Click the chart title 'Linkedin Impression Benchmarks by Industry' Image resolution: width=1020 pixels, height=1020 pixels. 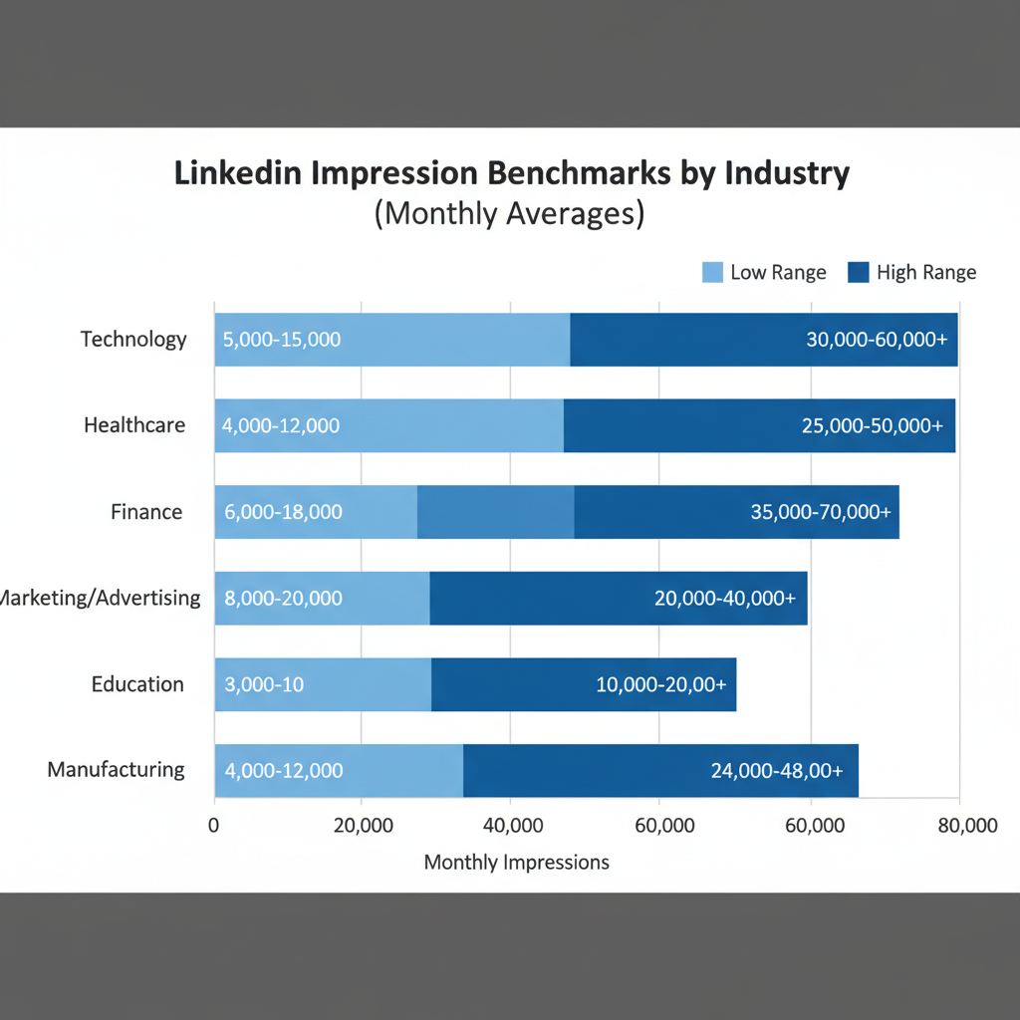pyautogui.click(x=512, y=172)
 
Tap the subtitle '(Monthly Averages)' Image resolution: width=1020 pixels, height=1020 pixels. pyautogui.click(x=509, y=213)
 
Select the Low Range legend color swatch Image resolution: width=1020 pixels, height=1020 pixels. pyautogui.click(x=712, y=272)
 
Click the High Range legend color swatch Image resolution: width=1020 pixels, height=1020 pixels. pyautogui.click(x=859, y=272)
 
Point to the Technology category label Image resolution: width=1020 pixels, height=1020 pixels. pyautogui.click(x=133, y=339)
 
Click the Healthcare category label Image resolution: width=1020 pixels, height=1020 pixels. pyautogui.click(x=134, y=425)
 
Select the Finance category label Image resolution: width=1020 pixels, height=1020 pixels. pyautogui.click(x=146, y=512)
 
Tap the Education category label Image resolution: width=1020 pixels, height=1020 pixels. pyautogui.click(x=137, y=684)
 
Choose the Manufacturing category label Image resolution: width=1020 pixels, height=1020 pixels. pyautogui.click(x=117, y=769)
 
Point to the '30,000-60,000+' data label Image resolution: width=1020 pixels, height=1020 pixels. pyautogui.click(x=876, y=340)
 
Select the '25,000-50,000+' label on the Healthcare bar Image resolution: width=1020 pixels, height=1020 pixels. pyautogui.click(x=872, y=426)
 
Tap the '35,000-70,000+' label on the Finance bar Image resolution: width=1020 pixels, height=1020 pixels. pyautogui.click(x=820, y=513)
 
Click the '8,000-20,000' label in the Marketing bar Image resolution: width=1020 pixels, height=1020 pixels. pyautogui.click(x=284, y=599)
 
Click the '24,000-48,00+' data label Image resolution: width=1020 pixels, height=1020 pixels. pyautogui.click(x=777, y=770)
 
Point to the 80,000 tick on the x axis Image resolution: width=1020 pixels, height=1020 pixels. pyautogui.click(x=966, y=826)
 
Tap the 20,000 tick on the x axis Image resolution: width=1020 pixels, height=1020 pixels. pyautogui.click(x=361, y=826)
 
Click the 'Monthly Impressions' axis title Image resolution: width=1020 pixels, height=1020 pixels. pyautogui.click(x=516, y=862)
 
